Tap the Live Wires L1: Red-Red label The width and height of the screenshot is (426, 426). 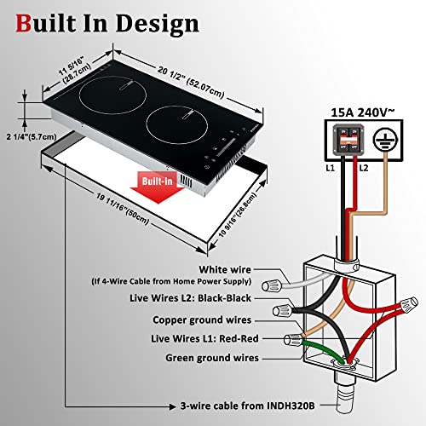coord(207,340)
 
